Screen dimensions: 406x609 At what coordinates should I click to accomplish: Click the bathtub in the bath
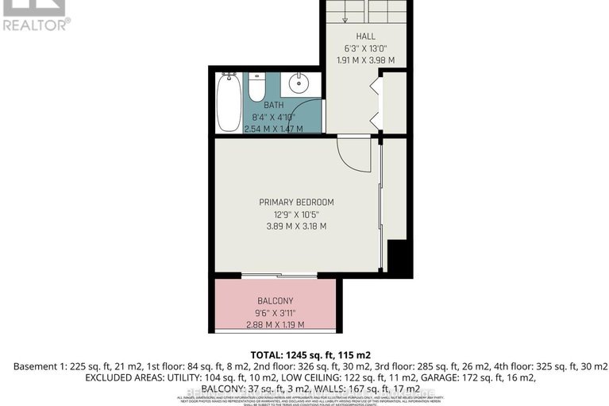click(x=229, y=102)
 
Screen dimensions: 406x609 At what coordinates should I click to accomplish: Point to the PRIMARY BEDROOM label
click(x=296, y=202)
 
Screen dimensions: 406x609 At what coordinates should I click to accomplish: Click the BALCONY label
click(x=275, y=300)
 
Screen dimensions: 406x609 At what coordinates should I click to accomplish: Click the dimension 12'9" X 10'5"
click(x=296, y=214)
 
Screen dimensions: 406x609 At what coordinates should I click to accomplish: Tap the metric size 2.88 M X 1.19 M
click(x=275, y=324)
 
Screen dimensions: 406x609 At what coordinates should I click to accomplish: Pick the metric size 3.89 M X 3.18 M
click(x=296, y=226)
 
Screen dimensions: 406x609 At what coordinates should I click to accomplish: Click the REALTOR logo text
click(x=36, y=25)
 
